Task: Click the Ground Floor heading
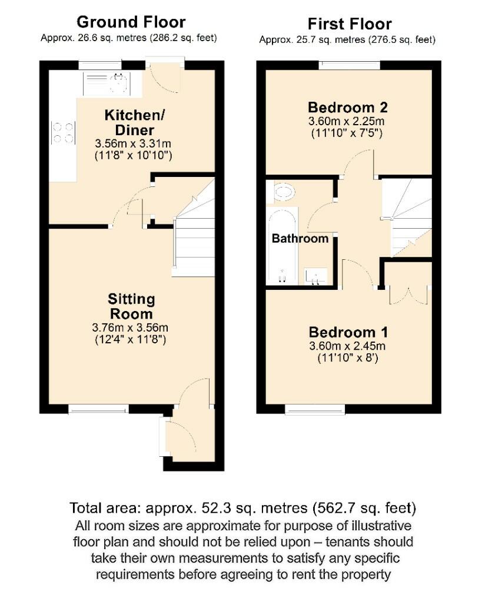(131, 22)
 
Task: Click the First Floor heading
(350, 24)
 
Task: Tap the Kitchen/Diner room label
(129, 122)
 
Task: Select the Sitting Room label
(132, 307)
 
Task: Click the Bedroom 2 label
(347, 108)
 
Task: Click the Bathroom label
(300, 239)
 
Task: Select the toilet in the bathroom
(284, 191)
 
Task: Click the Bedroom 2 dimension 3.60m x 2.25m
(347, 122)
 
